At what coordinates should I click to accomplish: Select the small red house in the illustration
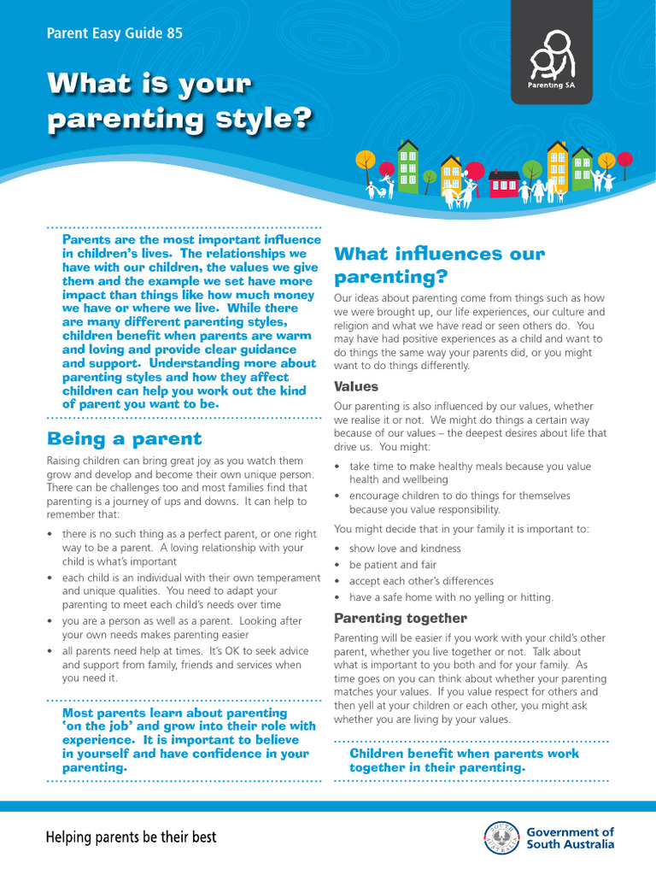coord(504,183)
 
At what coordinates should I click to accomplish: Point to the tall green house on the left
coord(408,167)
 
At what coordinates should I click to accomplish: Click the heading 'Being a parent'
coord(124,439)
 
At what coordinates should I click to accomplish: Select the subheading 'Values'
coord(355,386)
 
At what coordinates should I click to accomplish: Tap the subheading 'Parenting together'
coord(400,618)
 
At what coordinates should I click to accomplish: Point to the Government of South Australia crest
coord(501,837)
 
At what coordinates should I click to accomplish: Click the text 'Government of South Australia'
coord(570,837)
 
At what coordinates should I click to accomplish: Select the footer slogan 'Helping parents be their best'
coord(131,837)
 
